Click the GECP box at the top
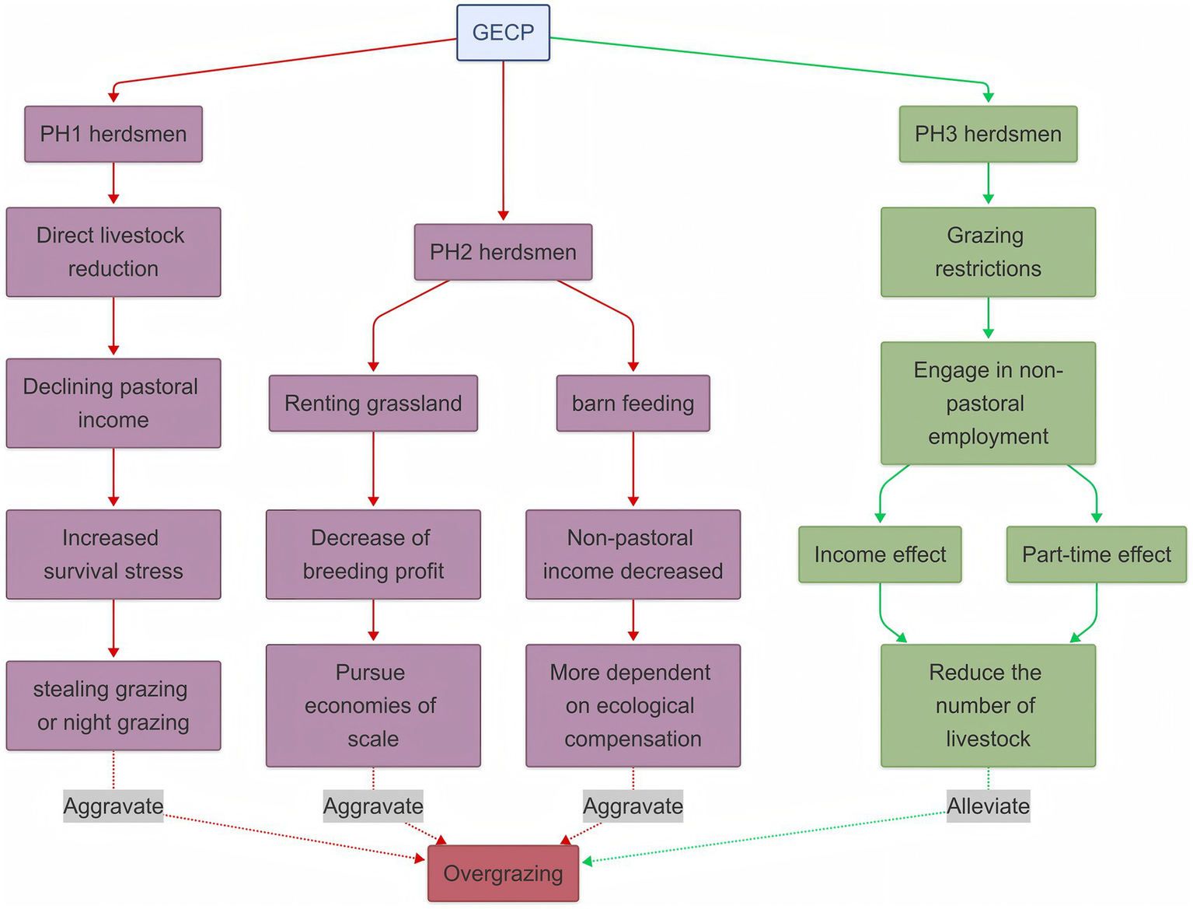point(503,33)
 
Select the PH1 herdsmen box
point(113,134)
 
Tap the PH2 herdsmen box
point(503,252)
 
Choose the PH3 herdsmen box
point(988,134)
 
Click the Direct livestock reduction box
point(113,252)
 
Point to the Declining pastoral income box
point(113,403)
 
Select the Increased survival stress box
point(113,554)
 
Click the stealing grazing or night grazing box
point(113,705)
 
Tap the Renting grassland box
point(373,403)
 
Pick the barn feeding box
point(633,403)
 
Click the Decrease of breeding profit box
point(373,554)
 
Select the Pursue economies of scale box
point(373,705)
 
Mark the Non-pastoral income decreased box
point(633,554)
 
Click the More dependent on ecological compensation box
point(633,705)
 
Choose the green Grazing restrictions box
point(988,252)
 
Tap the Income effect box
point(880,554)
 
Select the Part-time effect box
point(1096,554)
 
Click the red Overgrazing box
point(503,873)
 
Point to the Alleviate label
point(988,806)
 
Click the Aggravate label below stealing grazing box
point(113,806)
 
